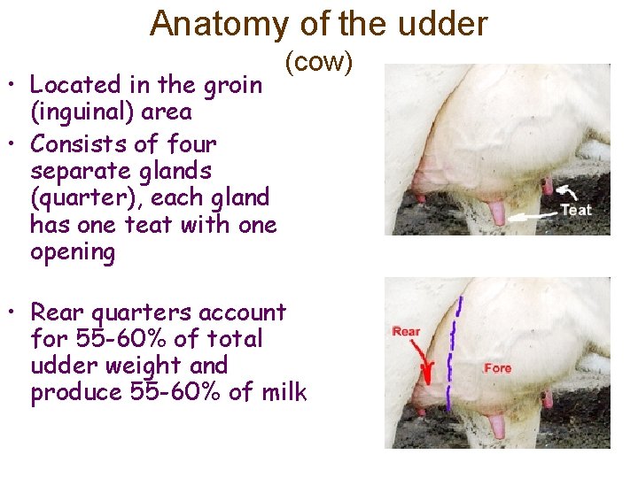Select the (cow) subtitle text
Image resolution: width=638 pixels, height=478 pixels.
pos(319,62)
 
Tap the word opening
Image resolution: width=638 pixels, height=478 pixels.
pos(73,252)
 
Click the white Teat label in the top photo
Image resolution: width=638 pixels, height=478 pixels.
pos(576,211)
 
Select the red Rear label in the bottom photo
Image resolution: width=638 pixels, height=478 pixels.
pos(406,332)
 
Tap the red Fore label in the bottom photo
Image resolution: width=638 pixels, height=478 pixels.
pos(497,368)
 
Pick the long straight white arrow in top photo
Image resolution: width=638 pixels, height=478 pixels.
pos(531,213)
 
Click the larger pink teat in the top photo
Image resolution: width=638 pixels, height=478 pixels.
pos(498,213)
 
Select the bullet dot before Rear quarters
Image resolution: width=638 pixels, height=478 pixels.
pos(15,314)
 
